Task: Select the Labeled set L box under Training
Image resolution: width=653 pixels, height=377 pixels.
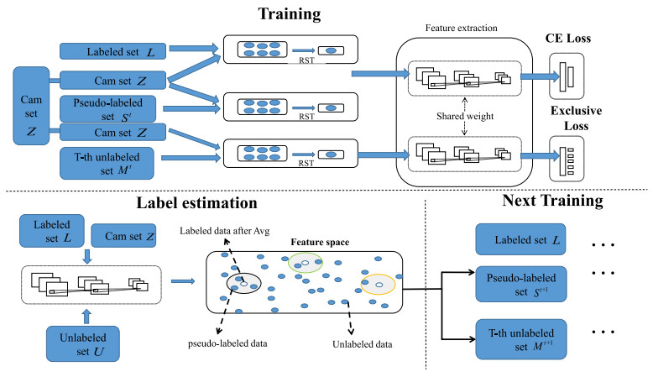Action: click(110, 53)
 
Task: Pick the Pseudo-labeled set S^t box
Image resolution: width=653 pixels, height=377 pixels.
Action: click(110, 107)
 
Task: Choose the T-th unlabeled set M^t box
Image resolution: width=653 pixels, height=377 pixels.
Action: click(110, 162)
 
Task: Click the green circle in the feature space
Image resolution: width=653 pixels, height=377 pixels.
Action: click(306, 264)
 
